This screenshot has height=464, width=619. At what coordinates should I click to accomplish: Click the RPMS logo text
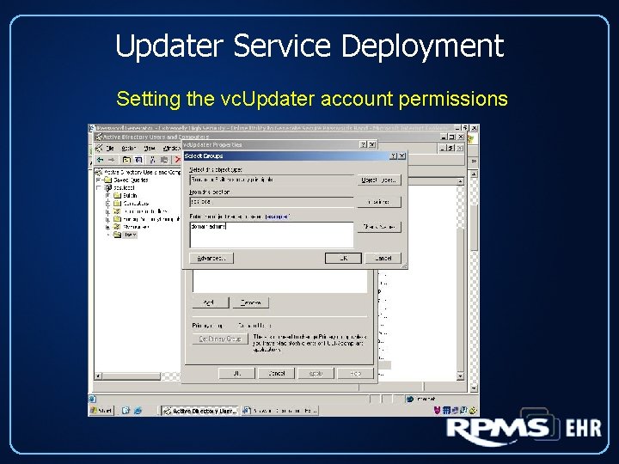[x=497, y=430]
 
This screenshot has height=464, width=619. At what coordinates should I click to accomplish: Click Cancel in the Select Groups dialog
[x=383, y=258]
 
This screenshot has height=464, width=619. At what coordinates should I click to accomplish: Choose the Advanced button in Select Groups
[x=211, y=258]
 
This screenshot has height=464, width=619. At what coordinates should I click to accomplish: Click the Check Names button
[x=379, y=227]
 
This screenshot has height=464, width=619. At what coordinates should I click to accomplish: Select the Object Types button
[x=379, y=180]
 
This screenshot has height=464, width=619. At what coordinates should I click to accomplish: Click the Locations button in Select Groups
[x=379, y=202]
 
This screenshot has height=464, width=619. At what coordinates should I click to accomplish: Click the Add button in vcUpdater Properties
[x=209, y=302]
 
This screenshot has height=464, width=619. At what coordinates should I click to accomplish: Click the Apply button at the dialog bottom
[x=315, y=374]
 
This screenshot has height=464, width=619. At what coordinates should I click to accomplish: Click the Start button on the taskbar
[x=103, y=411]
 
